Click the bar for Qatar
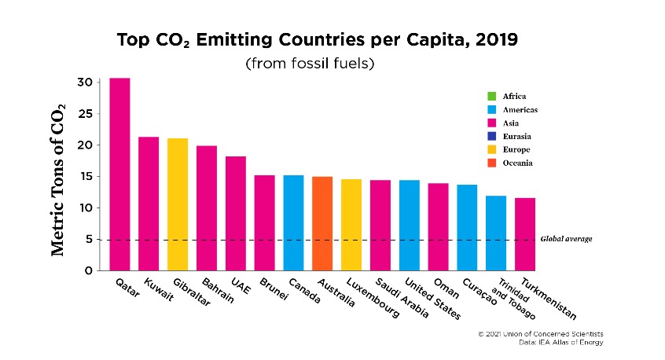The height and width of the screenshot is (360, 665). (119, 174)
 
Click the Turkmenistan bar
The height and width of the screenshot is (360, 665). (525, 234)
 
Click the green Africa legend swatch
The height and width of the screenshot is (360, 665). (491, 96)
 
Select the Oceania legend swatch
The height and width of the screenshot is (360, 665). (491, 163)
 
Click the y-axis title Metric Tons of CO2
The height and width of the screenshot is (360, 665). (58, 179)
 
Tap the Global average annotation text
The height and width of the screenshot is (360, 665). (566, 239)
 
